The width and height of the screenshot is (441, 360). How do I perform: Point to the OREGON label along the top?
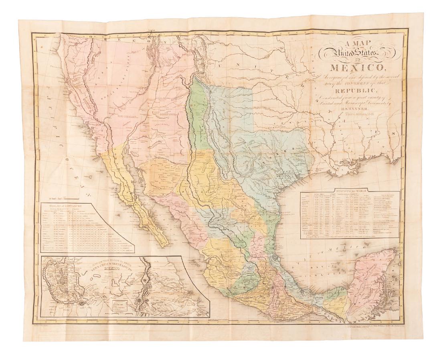[x=120, y=37]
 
